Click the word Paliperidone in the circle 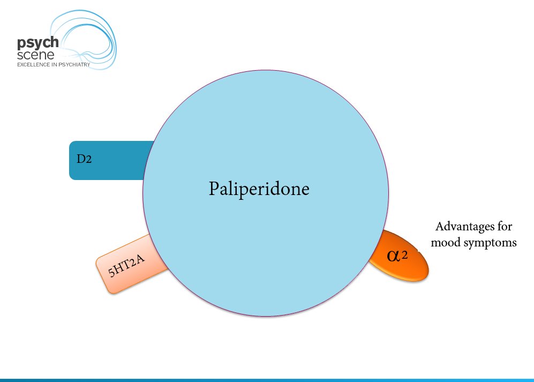tap(259, 189)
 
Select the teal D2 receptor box tap(107, 160)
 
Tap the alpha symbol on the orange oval tap(393, 255)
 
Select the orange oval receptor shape tap(401, 256)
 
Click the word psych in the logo tap(34, 43)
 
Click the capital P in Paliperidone tap(213, 189)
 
